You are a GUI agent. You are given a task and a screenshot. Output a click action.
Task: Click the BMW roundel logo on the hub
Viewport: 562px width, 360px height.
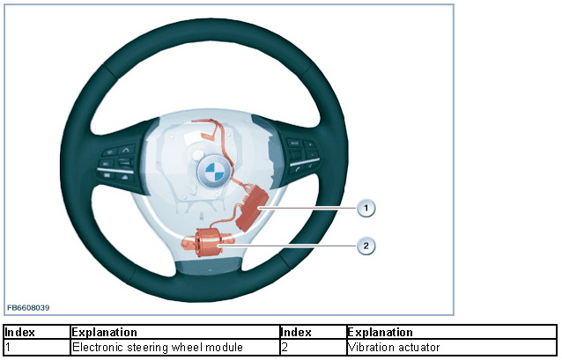coord(213,172)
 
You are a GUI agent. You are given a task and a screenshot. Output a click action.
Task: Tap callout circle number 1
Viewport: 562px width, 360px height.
coord(366,208)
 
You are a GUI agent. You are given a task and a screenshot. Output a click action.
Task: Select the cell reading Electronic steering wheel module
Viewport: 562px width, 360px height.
coord(157,347)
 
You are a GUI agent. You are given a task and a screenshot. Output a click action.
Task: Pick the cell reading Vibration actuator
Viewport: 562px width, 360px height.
coord(394,347)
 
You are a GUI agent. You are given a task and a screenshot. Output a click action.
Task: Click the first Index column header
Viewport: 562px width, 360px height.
coord(20,333)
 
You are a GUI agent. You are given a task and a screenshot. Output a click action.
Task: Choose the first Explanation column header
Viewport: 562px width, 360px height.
coord(104,333)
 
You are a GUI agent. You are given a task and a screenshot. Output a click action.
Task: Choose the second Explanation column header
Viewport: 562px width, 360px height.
coord(380,333)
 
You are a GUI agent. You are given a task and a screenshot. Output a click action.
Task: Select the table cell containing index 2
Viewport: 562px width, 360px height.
coord(313,347)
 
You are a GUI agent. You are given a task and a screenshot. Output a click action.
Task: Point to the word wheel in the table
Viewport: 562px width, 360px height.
coord(188,347)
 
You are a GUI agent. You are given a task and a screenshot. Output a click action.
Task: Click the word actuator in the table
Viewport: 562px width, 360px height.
coord(418,347)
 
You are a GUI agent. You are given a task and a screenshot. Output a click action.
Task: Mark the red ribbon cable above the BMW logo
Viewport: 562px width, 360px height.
coord(211,133)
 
